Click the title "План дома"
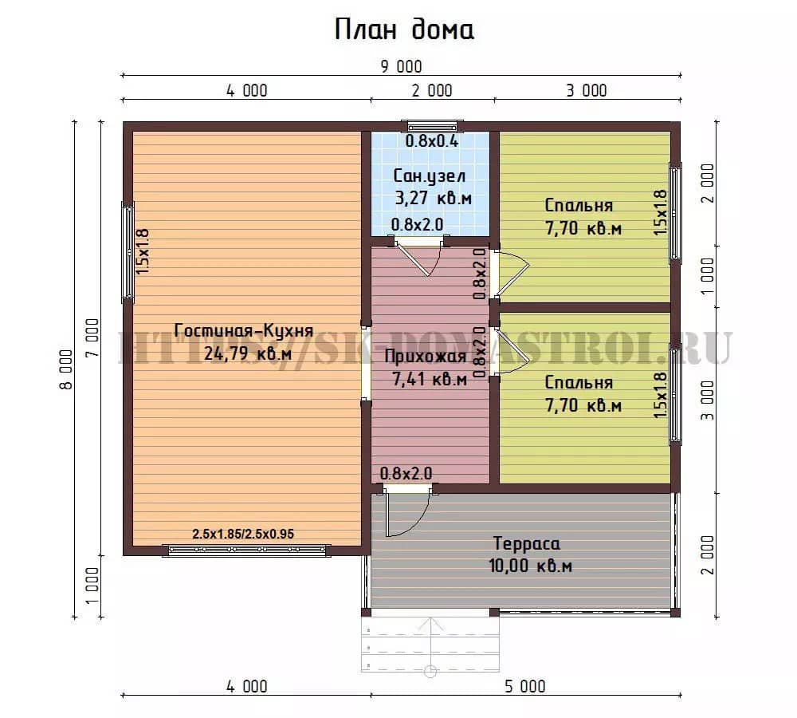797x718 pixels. click(404, 30)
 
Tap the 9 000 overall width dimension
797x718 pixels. click(401, 67)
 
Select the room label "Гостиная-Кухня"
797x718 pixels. click(243, 331)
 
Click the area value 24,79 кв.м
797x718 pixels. click(248, 353)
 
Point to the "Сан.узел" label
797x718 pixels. click(430, 176)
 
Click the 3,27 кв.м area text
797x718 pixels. click(433, 198)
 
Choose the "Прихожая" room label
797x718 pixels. click(425, 356)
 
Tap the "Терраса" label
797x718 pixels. click(527, 543)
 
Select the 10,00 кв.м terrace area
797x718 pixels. click(530, 566)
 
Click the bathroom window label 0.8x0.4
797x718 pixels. click(431, 141)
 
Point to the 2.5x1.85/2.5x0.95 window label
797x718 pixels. click(243, 534)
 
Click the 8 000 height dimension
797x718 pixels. click(67, 369)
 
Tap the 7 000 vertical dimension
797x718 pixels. click(92, 338)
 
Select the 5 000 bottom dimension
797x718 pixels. click(525, 686)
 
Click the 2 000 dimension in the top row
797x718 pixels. click(432, 91)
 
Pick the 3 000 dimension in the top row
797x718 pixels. click(587, 91)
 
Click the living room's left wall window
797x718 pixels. click(128, 251)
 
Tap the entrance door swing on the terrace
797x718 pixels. click(406, 514)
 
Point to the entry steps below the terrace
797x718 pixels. click(430, 645)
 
